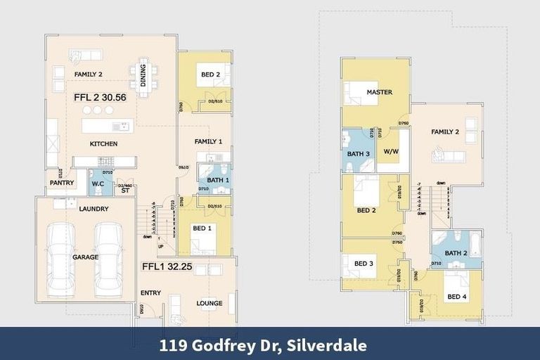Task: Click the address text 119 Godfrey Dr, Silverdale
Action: tap(271, 345)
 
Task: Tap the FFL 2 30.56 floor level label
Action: tap(100, 98)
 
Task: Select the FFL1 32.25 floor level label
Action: tap(168, 267)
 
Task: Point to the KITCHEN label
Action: tap(103, 144)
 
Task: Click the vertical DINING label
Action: tap(144, 75)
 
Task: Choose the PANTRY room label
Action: tap(61, 183)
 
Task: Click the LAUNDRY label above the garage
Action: tap(93, 209)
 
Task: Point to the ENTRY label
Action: tap(150, 293)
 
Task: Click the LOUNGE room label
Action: tap(209, 304)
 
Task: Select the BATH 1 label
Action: tap(218, 181)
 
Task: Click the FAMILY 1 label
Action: tap(208, 141)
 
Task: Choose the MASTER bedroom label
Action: tap(379, 92)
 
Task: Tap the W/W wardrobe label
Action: tap(391, 151)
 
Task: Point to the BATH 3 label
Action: tap(359, 154)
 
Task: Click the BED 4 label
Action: tap(456, 297)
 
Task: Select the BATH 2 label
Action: tap(456, 252)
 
